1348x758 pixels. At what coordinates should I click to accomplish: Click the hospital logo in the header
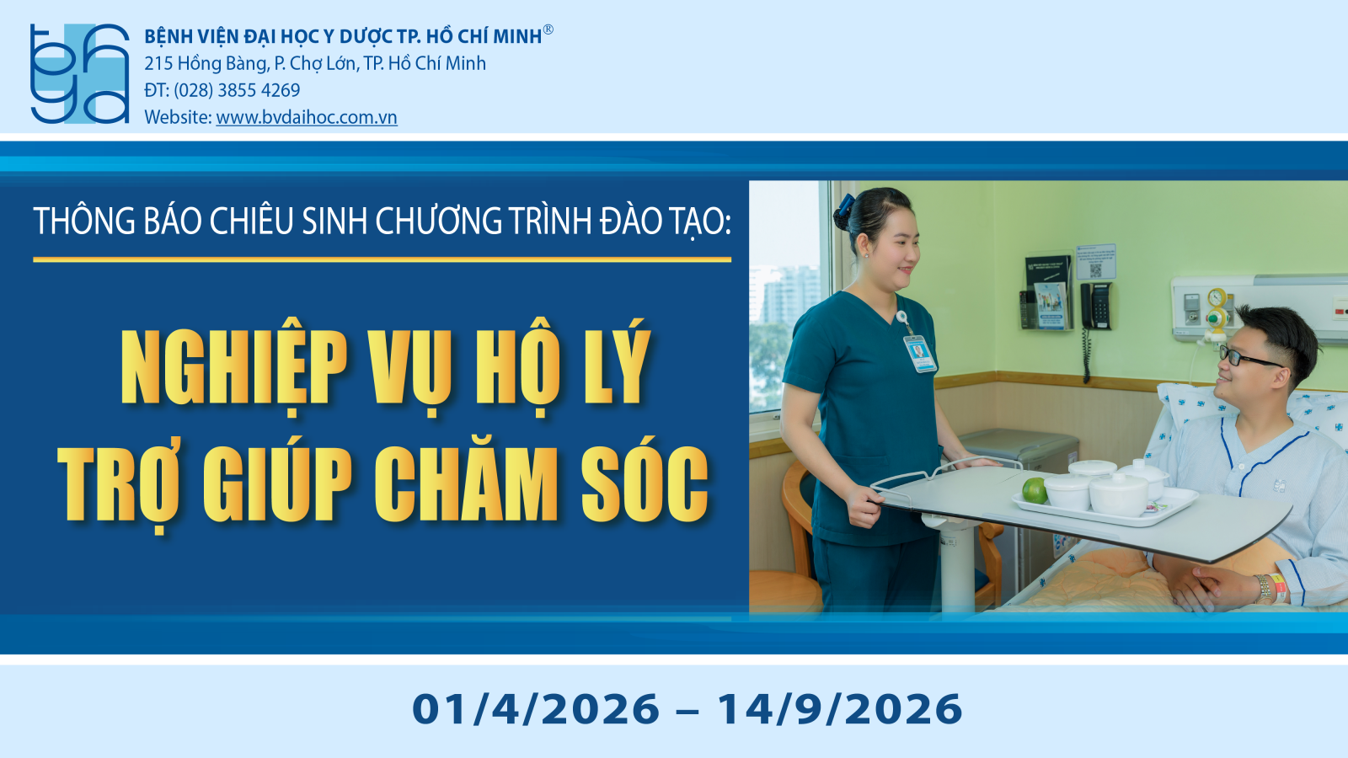(x=79, y=73)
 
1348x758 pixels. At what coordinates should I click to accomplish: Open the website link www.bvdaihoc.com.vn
(x=307, y=117)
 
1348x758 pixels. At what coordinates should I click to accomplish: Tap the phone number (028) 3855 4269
(x=237, y=90)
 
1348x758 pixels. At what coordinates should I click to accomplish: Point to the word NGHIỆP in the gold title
(x=234, y=368)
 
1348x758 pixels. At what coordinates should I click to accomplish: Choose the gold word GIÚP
(x=277, y=484)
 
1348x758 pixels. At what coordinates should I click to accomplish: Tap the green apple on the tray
(x=1035, y=490)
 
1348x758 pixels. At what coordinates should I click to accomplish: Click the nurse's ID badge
(x=919, y=353)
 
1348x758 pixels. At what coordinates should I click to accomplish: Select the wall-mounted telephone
(x=1095, y=307)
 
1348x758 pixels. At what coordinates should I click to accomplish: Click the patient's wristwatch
(x=1263, y=589)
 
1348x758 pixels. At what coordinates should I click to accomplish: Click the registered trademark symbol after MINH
(x=548, y=29)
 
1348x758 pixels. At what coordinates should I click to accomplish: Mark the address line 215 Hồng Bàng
(x=315, y=64)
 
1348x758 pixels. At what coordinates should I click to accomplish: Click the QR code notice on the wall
(x=1096, y=261)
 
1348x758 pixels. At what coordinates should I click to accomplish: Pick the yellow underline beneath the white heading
(x=382, y=260)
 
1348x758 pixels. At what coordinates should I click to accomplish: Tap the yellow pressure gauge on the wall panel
(x=1217, y=297)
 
